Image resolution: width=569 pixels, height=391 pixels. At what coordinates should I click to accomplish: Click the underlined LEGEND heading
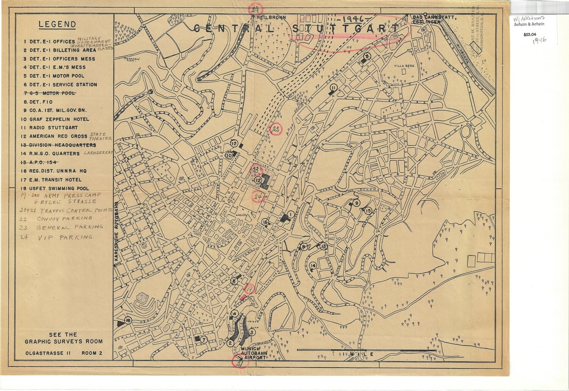pos(57,25)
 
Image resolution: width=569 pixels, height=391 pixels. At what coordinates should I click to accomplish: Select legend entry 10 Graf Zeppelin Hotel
pos(56,119)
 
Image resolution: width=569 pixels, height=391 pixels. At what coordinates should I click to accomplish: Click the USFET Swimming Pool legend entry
pos(56,188)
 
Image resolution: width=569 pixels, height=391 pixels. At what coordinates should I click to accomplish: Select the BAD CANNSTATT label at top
pos(430,17)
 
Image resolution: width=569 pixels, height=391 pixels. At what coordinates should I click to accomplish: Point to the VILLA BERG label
pos(405,65)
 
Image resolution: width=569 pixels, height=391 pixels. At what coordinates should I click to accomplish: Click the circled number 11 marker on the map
pos(333,88)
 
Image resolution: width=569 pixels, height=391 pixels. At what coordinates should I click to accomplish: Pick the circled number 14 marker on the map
pos(313,266)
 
